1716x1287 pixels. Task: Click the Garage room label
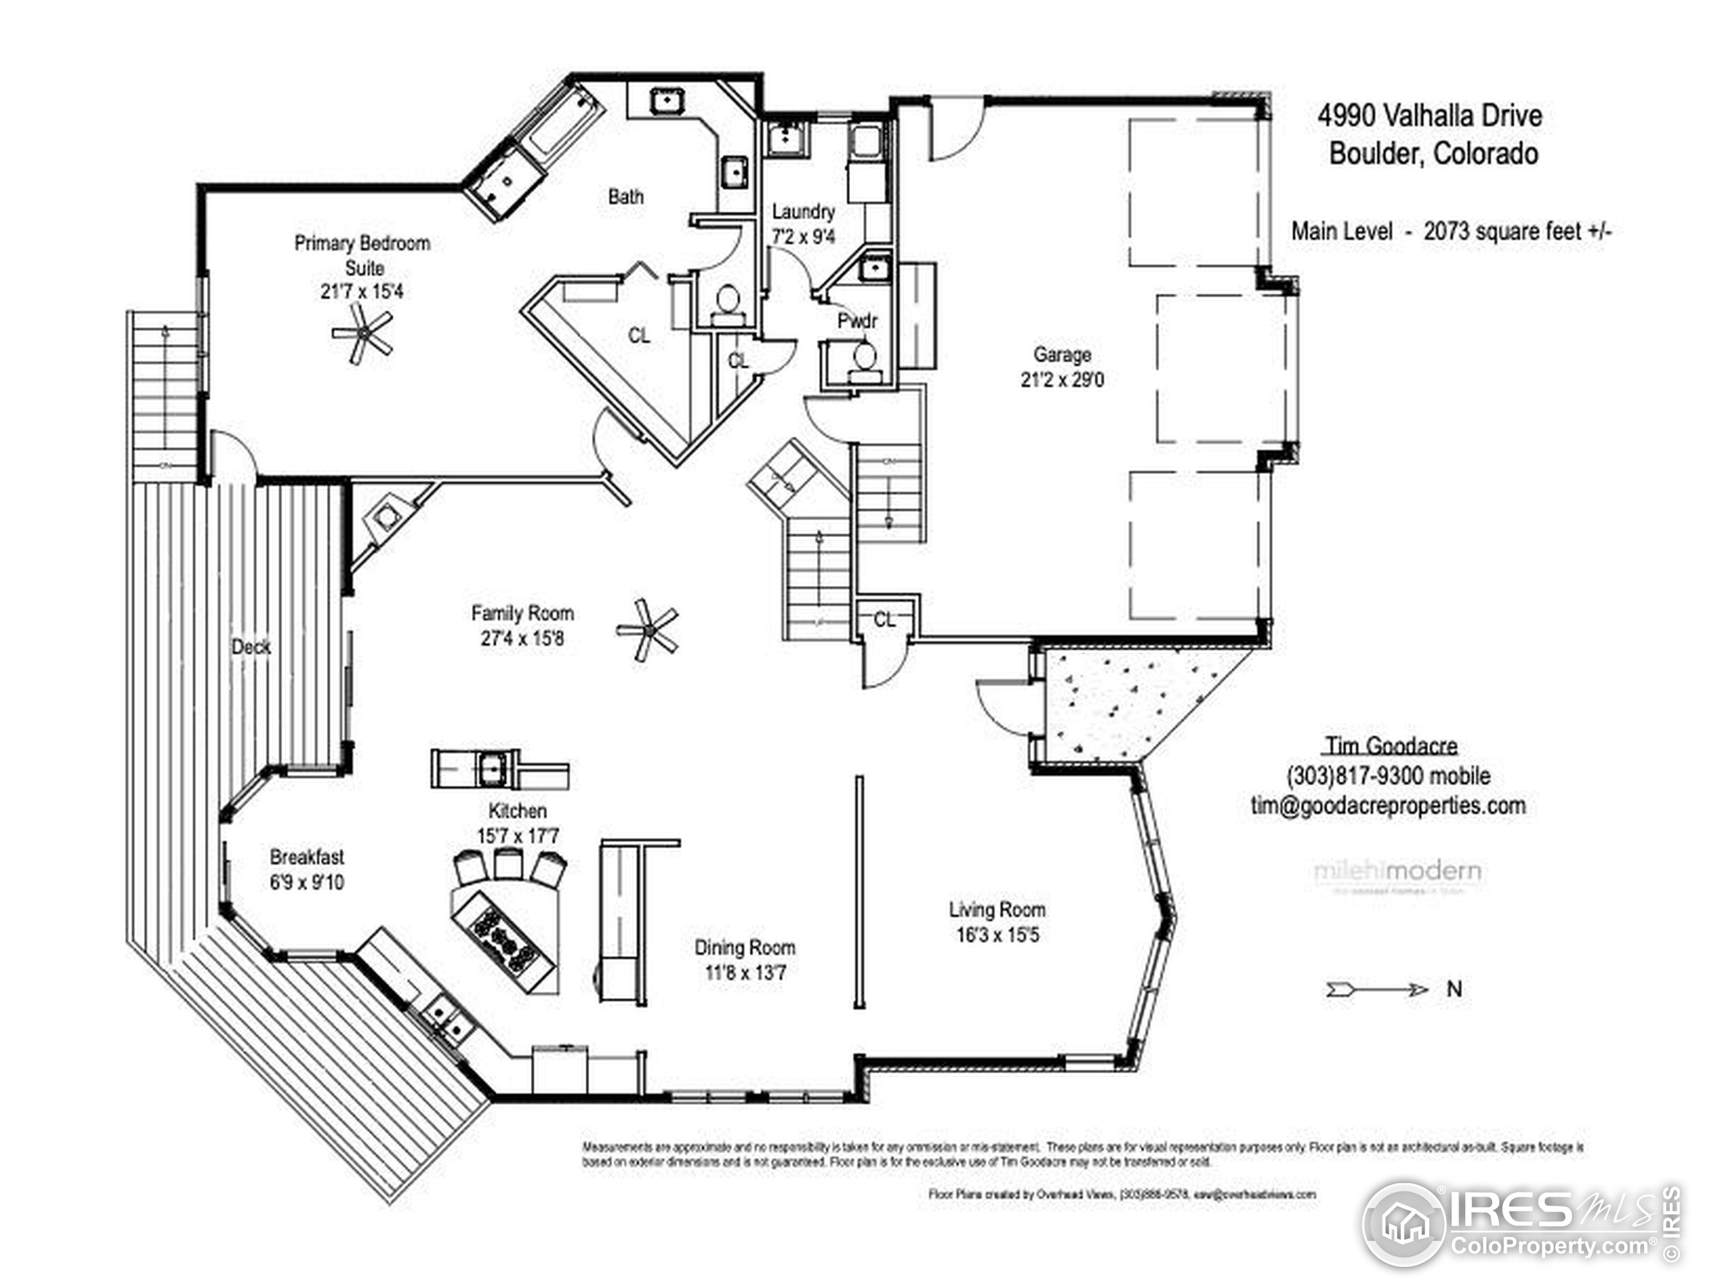[1062, 355]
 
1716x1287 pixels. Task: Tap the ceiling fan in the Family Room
[647, 630]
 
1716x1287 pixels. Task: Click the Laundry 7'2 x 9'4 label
[803, 223]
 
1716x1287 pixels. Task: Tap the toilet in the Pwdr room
[864, 359]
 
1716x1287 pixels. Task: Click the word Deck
[251, 646]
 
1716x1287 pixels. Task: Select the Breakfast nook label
[306, 857]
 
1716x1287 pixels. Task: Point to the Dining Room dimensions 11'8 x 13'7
[745, 973]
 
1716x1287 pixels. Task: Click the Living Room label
[997, 909]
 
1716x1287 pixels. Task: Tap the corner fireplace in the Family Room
[385, 515]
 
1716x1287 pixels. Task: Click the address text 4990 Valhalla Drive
[1429, 117]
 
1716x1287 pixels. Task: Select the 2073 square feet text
[1517, 231]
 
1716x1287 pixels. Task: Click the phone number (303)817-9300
[1387, 775]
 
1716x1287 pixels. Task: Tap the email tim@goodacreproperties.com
[1388, 805]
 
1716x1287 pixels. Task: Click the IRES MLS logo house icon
[1404, 1225]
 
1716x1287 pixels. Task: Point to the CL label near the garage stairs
[884, 620]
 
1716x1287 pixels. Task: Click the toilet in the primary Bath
[727, 300]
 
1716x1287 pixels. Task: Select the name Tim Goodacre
[1390, 745]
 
